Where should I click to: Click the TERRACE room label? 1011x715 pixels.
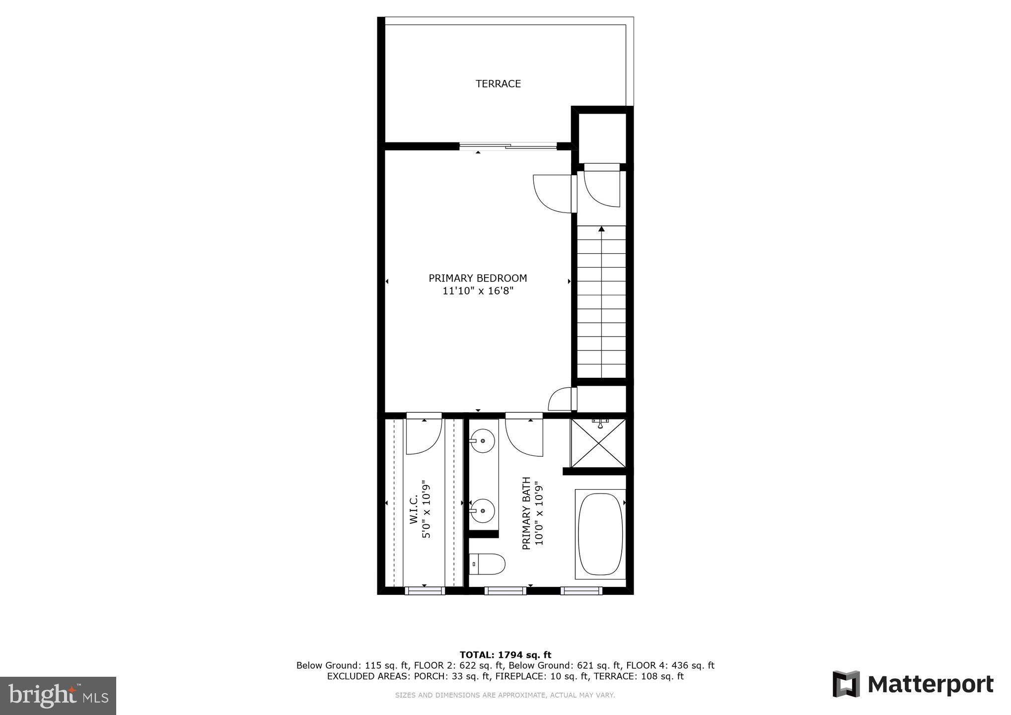pyautogui.click(x=498, y=84)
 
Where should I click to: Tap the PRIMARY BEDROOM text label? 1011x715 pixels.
pyautogui.click(x=478, y=278)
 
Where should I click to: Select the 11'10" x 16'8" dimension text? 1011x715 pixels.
pyautogui.click(x=478, y=291)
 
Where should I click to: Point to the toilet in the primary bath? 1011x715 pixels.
pyautogui.click(x=488, y=564)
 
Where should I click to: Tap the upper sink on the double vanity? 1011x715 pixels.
pyautogui.click(x=482, y=441)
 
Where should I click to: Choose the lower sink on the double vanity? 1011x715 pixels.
pyautogui.click(x=482, y=510)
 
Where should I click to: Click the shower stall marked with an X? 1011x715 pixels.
pyautogui.click(x=598, y=443)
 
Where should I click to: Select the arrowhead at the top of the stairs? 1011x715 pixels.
pyautogui.click(x=601, y=229)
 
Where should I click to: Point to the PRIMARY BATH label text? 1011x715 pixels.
pyautogui.click(x=527, y=513)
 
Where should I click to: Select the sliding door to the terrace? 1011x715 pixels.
pyautogui.click(x=507, y=146)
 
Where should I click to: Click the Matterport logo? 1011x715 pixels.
pyautogui.click(x=913, y=684)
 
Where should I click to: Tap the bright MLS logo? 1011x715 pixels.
pyautogui.click(x=58, y=695)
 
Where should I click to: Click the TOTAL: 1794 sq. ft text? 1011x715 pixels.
pyautogui.click(x=505, y=655)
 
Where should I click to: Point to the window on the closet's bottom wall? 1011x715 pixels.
pyautogui.click(x=424, y=590)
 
